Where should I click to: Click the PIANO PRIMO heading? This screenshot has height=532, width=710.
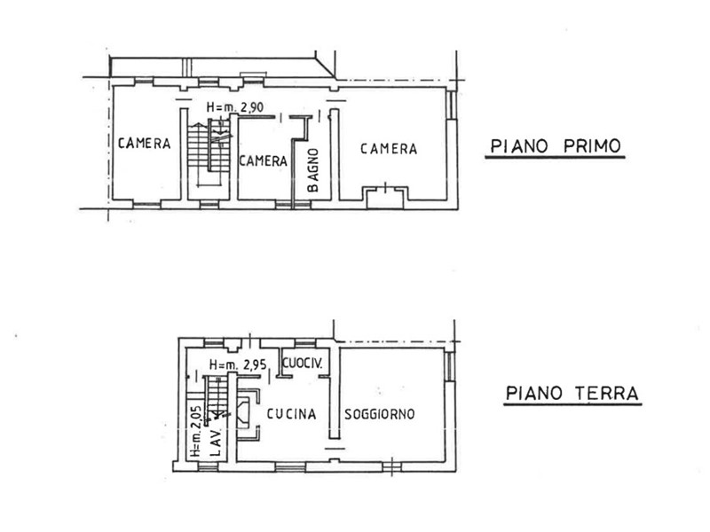(x=556, y=146)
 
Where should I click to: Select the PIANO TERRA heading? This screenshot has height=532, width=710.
(x=572, y=393)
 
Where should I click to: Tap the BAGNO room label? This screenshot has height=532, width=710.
(x=313, y=170)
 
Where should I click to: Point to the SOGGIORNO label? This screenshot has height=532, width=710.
(x=380, y=414)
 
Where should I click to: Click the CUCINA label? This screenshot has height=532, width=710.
(x=291, y=413)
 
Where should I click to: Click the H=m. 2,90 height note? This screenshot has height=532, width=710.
(x=235, y=107)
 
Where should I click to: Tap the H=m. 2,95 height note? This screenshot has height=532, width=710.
(x=238, y=364)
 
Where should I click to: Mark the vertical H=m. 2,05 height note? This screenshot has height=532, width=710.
(x=195, y=431)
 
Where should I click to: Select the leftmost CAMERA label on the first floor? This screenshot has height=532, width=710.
(x=144, y=144)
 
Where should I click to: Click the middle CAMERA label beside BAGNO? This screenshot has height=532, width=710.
(x=263, y=160)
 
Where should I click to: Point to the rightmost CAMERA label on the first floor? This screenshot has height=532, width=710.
(x=389, y=148)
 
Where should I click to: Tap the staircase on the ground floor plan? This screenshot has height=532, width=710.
(x=217, y=398)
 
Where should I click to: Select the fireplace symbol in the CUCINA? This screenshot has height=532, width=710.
(x=248, y=414)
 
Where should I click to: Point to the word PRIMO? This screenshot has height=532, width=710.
(x=592, y=146)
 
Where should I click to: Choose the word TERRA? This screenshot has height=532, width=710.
(x=606, y=393)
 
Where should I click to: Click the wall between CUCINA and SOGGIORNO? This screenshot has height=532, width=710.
(x=335, y=391)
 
